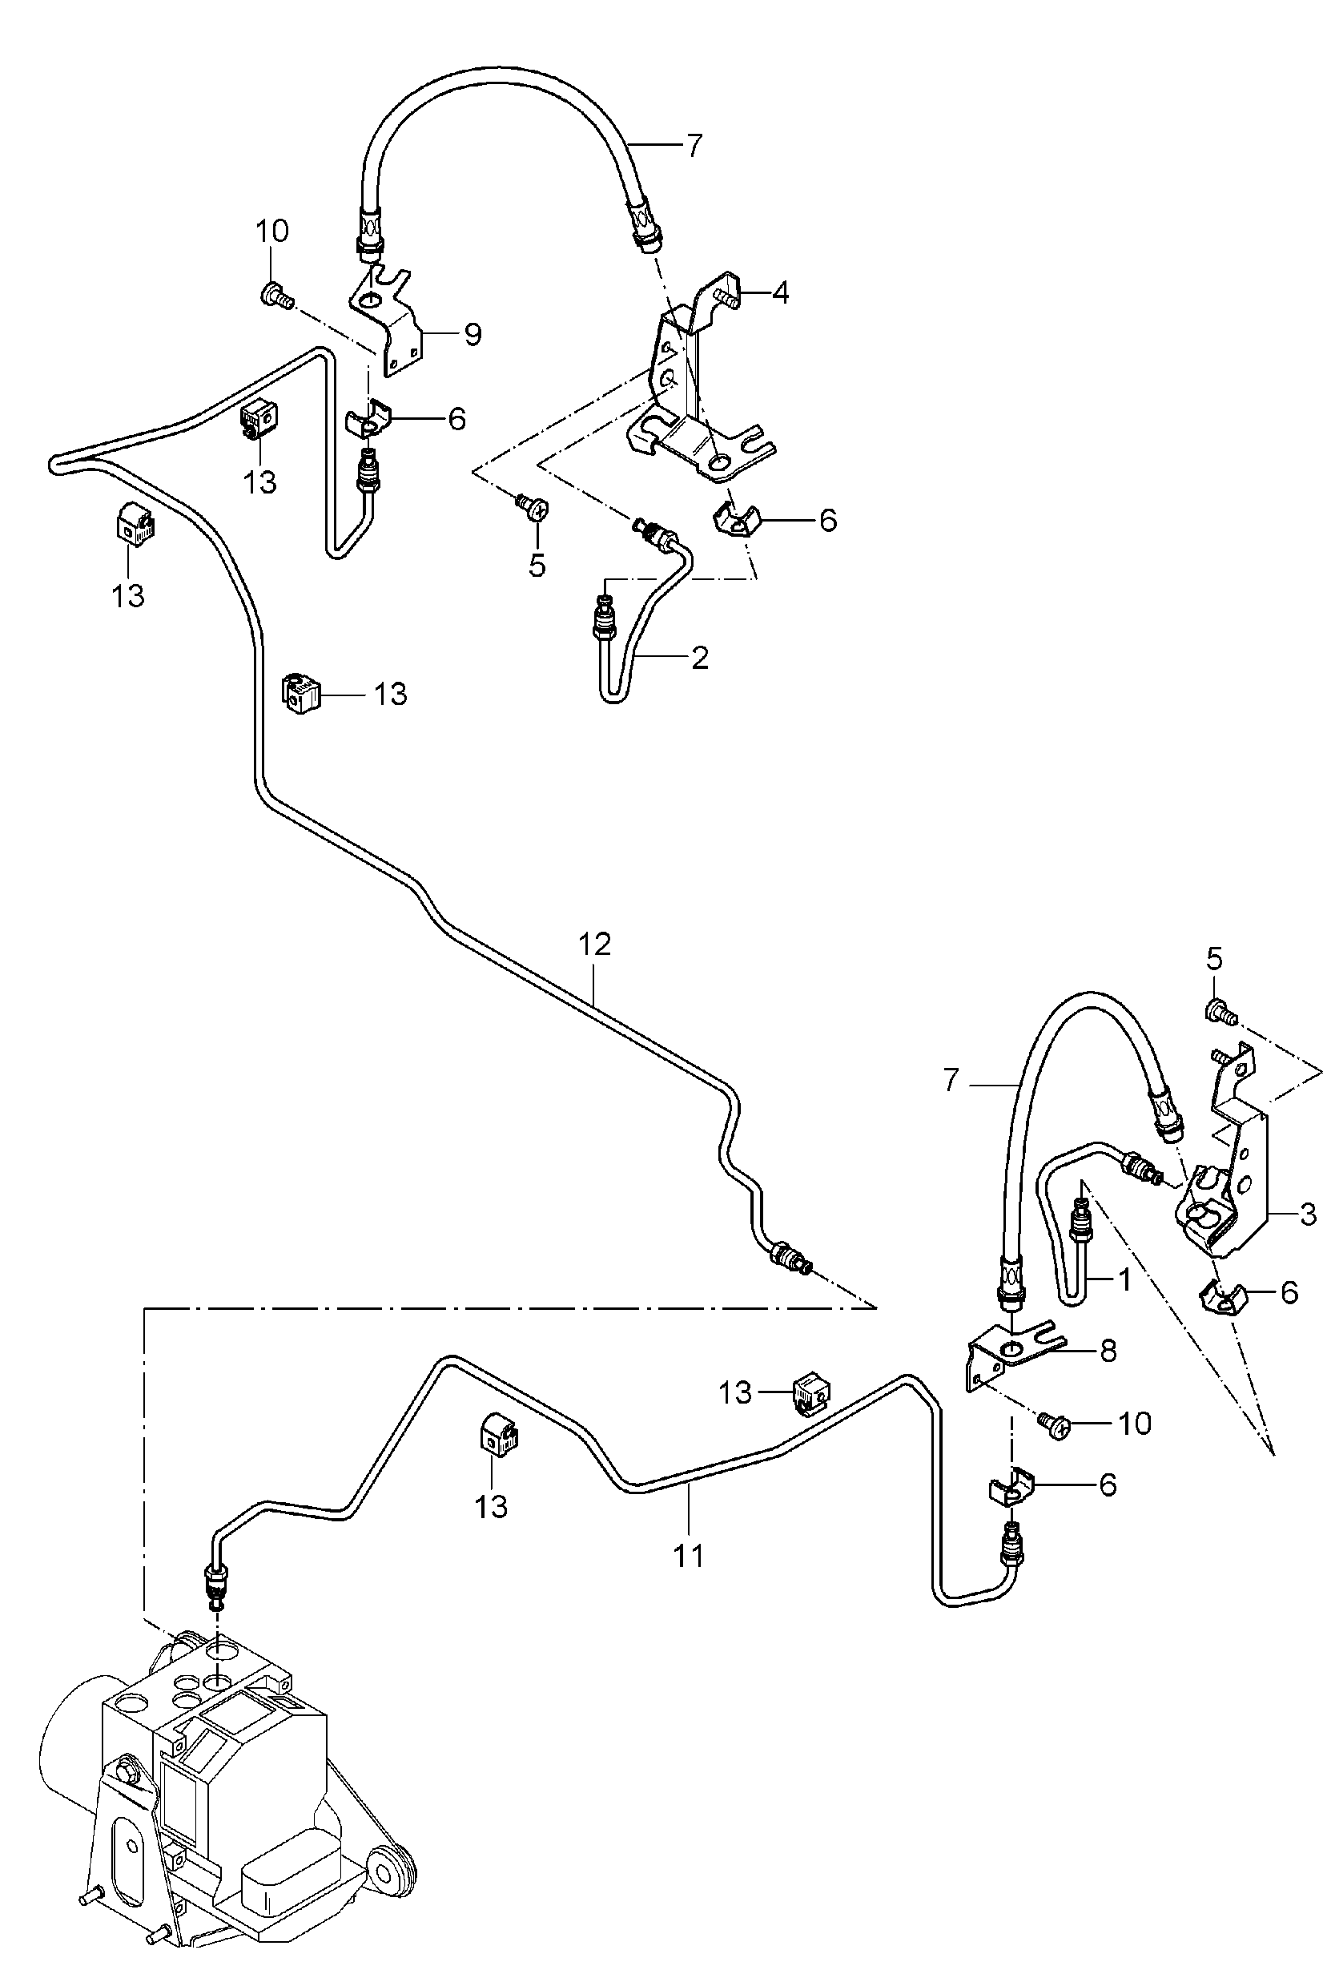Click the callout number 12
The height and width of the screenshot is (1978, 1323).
pos(594,944)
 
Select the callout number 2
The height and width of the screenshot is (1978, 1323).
pos(699,658)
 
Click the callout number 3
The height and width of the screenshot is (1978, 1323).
pos(1308,1215)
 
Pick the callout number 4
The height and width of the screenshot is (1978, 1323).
pos(781,294)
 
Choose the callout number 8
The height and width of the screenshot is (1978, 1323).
pos(1108,1351)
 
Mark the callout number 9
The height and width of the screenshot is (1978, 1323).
pos(472,335)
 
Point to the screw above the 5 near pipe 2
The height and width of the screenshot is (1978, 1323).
pos(531,505)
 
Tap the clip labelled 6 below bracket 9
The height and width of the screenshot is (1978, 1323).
pos(368,421)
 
